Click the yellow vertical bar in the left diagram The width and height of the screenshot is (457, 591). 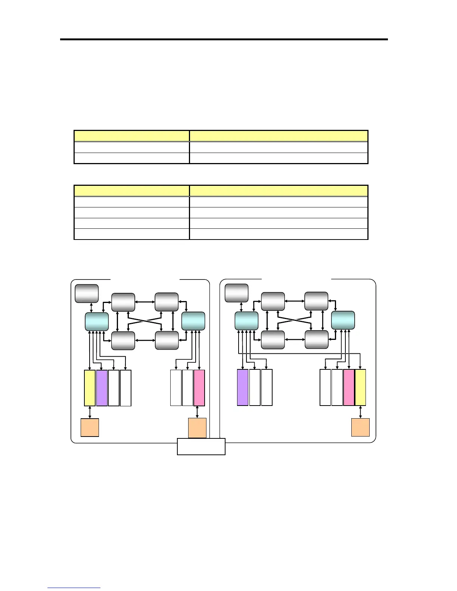(90, 388)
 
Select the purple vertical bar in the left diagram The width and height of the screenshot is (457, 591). (102, 388)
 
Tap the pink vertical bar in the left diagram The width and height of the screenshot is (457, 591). (199, 388)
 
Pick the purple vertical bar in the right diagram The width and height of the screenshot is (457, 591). (243, 387)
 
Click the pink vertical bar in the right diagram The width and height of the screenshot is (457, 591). (349, 387)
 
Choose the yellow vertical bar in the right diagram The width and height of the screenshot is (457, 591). (360, 387)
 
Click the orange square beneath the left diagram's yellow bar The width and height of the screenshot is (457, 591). (90, 427)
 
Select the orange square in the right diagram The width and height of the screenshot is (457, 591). (361, 427)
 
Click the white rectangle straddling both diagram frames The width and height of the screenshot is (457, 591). (201, 447)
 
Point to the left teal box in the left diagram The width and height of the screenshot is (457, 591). (97, 322)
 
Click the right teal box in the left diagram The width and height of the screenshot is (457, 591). (193, 321)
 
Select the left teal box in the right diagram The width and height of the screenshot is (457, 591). (246, 321)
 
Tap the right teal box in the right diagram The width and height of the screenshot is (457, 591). (343, 320)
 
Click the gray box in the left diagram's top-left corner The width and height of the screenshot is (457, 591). (87, 293)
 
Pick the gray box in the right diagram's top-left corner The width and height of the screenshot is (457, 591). (237, 293)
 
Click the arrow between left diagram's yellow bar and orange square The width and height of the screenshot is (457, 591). (90, 412)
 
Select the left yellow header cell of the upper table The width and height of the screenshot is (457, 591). (132, 136)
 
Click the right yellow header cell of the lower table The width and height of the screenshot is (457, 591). (279, 191)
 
